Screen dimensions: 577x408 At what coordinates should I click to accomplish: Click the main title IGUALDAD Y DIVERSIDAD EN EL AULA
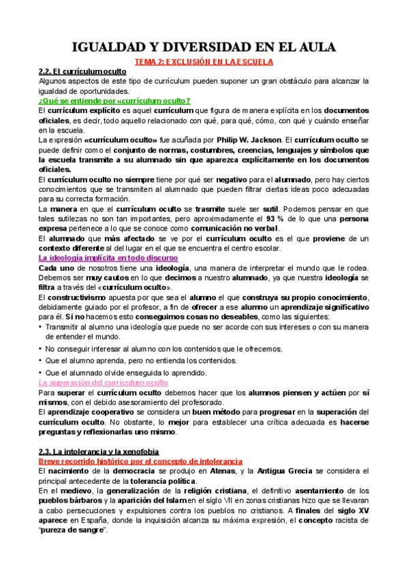(x=204, y=47)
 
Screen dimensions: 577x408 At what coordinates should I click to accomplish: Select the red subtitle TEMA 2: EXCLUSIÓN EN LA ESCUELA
(x=204, y=61)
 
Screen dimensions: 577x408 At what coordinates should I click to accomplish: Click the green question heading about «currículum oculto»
(x=114, y=101)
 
